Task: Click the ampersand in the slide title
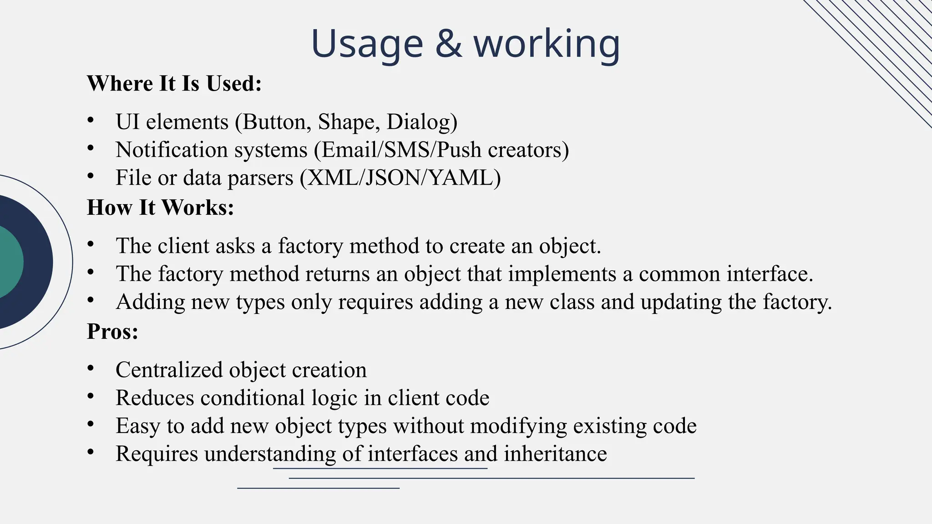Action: (448, 44)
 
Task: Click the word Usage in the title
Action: (367, 44)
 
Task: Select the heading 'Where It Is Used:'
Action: (174, 84)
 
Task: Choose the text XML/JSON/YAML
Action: (400, 177)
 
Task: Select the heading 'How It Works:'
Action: (160, 207)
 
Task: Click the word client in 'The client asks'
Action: (183, 246)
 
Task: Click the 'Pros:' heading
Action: (112, 331)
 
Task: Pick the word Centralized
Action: (169, 370)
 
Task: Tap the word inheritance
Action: (555, 454)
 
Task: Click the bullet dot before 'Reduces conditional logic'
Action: (91, 397)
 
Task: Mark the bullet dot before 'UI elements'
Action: (91, 121)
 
